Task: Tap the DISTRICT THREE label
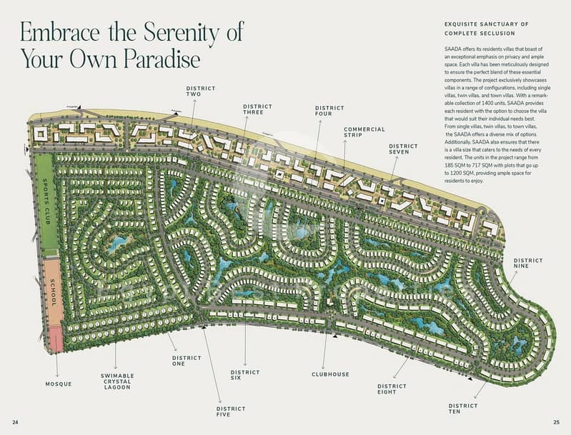[258, 109]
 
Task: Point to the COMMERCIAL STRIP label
[364, 133]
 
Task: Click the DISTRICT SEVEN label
[404, 149]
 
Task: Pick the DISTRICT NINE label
[528, 264]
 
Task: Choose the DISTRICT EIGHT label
[392, 389]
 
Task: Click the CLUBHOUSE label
[330, 374]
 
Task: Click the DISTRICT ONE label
[187, 361]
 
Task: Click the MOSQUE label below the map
[58, 384]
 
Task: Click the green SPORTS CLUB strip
[46, 204]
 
